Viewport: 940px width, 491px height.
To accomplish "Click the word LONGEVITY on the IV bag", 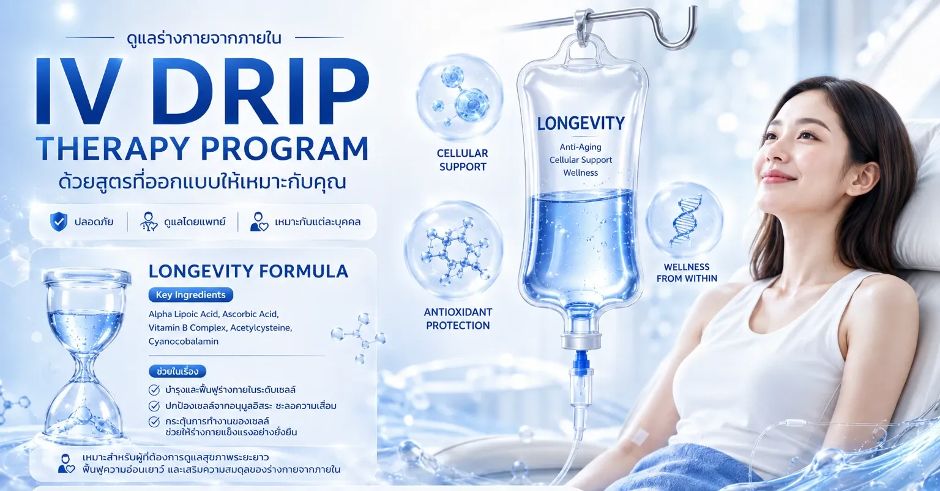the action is coord(581,124).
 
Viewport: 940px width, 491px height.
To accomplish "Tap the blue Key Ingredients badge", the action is coord(190,294).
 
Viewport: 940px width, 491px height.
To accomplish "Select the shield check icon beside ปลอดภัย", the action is coord(58,222).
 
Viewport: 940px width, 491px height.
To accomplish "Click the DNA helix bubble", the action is coord(685,220).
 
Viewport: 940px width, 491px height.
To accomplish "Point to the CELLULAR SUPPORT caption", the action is coord(463,160).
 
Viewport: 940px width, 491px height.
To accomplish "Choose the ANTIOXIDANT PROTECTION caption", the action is coord(458,318).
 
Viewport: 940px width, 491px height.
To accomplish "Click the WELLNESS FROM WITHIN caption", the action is coord(687,272).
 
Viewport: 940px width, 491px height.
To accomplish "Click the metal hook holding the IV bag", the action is coord(638,25).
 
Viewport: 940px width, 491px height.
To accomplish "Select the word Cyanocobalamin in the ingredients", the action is coord(184,341).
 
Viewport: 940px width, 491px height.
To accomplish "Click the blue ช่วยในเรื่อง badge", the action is coord(177,372).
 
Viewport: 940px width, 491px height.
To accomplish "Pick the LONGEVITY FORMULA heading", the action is coord(248,271).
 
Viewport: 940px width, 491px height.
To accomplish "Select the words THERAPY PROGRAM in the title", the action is coord(203,148).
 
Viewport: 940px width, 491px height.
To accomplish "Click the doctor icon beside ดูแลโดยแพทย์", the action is coord(149,222).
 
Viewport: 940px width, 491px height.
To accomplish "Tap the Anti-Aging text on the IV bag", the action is coord(580,147).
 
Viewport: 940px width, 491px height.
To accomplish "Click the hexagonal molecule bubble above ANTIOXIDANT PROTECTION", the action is coord(454,250).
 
